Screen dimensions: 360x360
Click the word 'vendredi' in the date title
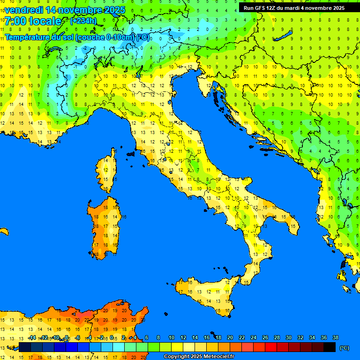click(23, 9)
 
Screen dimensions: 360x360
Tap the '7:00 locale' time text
click(33, 21)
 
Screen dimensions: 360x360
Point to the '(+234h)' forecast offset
click(83, 21)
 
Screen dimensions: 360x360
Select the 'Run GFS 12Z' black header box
click(294, 8)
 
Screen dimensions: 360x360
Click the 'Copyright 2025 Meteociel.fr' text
click(199, 356)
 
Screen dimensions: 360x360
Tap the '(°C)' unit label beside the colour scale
click(344, 348)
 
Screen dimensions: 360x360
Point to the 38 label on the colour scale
click(335, 338)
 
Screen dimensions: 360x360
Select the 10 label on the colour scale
click(171, 338)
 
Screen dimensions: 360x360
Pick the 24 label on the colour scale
click(253, 338)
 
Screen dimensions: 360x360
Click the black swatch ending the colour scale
click(330, 347)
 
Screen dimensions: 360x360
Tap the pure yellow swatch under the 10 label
click(177, 347)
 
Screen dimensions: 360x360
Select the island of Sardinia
click(105, 225)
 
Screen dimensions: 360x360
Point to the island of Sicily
click(206, 295)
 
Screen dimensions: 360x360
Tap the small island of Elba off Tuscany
click(131, 153)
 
